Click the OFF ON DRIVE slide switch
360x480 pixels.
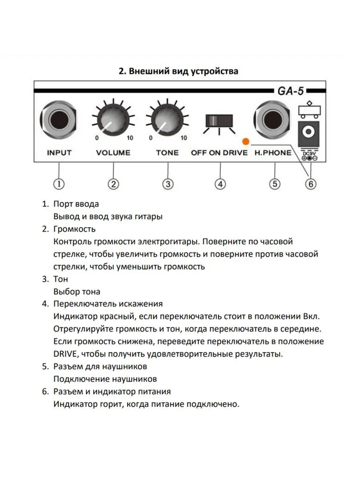coord(219,121)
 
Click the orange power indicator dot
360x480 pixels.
coord(246,141)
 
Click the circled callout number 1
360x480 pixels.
coord(59,184)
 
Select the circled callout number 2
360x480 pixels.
coord(114,184)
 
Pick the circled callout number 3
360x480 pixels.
coord(168,184)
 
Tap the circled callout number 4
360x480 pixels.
coord(220,184)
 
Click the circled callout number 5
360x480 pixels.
coord(274,184)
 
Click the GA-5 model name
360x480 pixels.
coord(291,91)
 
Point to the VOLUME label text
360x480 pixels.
coord(113,152)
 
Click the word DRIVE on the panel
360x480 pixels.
coord(234,152)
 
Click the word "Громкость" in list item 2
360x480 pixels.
coord(74,229)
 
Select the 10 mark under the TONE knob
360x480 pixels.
coord(184,138)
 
